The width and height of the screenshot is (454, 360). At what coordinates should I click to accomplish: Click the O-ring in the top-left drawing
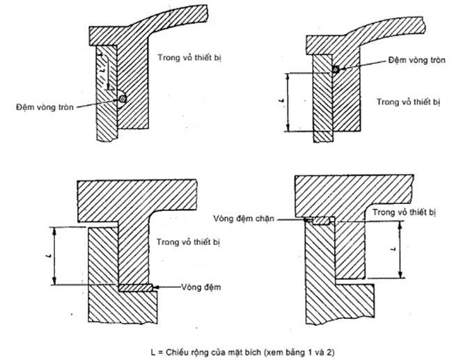122,100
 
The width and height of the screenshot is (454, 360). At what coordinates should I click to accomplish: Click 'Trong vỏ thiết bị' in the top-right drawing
403,101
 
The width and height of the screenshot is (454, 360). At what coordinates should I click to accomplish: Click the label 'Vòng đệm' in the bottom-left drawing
197,287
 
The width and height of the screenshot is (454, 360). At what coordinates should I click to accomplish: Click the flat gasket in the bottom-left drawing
136,288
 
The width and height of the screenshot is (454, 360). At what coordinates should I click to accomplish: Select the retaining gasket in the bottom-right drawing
320,221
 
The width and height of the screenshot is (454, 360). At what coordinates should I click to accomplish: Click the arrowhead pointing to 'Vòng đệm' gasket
157,287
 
